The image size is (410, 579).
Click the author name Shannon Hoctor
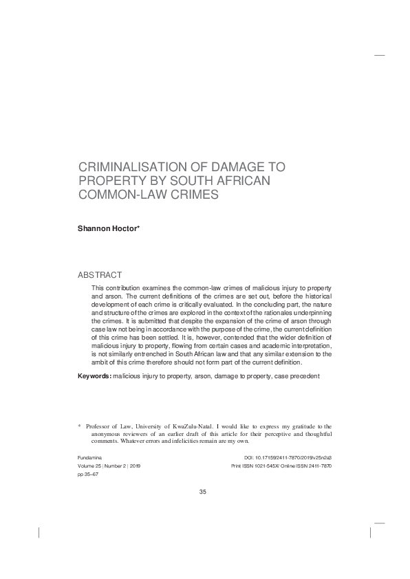[x=107, y=226]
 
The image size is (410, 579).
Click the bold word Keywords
[x=94, y=377]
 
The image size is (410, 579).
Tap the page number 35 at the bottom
[x=202, y=491]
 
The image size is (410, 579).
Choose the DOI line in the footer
[x=288, y=457]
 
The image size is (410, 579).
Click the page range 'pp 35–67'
[x=87, y=474]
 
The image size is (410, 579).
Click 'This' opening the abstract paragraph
[x=98, y=285]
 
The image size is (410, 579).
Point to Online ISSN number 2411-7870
[x=316, y=466]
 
